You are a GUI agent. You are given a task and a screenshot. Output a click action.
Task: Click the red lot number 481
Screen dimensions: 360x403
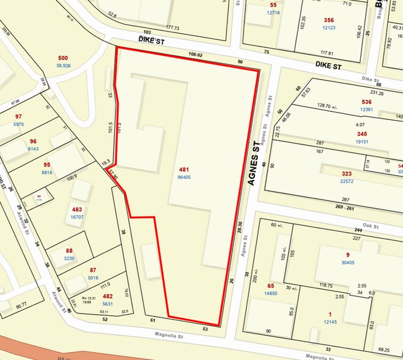coord(183,170)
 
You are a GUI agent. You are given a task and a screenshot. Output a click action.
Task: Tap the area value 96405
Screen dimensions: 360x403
coord(183,178)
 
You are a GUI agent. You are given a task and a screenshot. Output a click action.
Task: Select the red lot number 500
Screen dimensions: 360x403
coord(63,58)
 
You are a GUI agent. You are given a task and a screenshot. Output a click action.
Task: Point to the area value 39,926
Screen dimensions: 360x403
coord(64,66)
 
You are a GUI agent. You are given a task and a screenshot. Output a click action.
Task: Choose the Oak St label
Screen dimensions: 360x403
coord(371,227)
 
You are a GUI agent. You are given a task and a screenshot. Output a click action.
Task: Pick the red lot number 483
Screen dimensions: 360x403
coord(77,209)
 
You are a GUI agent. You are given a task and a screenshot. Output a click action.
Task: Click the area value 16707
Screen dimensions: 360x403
coord(77,217)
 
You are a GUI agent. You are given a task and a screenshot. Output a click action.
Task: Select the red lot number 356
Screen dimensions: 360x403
coord(329,20)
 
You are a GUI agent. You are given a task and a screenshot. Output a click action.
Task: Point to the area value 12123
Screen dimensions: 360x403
coord(329,28)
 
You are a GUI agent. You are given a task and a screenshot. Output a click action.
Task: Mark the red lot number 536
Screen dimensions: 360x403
coord(367,102)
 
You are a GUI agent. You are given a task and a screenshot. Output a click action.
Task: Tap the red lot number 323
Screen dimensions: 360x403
coord(347,157)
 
